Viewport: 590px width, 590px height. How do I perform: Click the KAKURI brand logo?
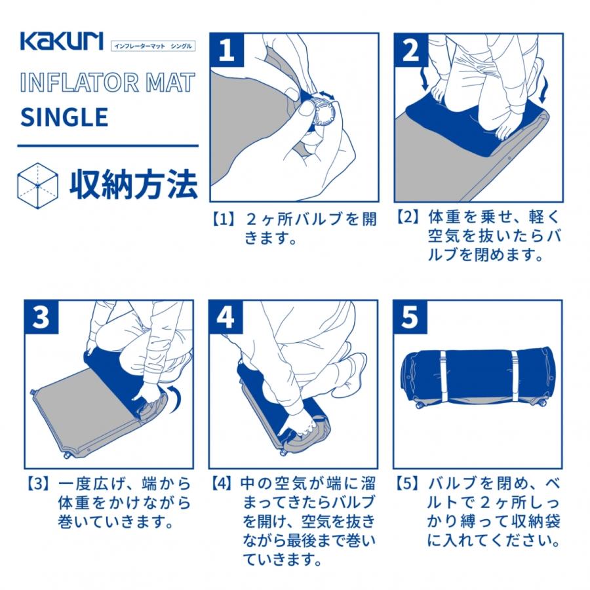[61, 41]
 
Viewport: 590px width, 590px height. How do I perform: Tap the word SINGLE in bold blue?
[64, 117]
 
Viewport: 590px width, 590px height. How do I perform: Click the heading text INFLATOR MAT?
[108, 83]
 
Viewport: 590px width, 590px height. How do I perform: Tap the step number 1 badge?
[227, 50]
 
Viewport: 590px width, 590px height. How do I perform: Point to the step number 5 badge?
[411, 317]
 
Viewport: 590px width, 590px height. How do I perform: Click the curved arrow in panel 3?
[173, 401]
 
